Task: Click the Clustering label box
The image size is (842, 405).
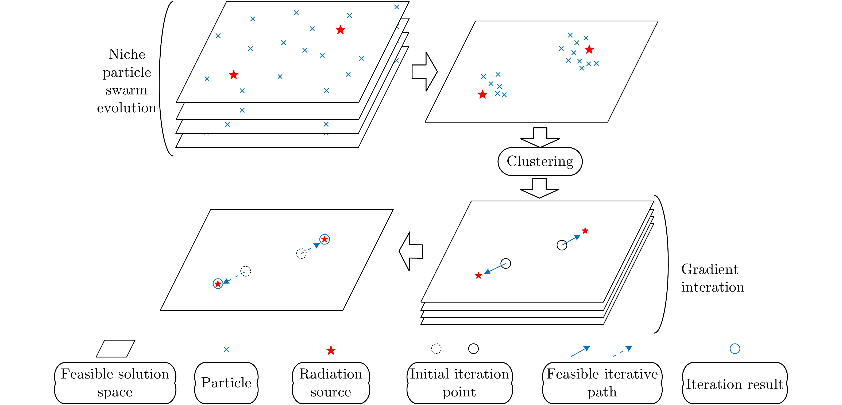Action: click(x=540, y=162)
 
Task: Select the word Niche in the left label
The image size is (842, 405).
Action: click(x=127, y=54)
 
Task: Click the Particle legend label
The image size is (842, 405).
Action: click(x=226, y=383)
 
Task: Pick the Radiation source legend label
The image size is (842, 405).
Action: click(x=331, y=383)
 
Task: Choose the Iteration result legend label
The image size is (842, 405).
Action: click(x=735, y=384)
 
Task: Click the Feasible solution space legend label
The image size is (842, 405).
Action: click(x=115, y=383)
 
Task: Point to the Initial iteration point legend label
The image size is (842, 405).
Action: click(x=459, y=383)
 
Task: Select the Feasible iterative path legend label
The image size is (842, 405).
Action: click(x=602, y=383)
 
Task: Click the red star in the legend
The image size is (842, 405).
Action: click(x=331, y=350)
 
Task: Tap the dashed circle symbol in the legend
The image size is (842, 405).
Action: click(x=436, y=349)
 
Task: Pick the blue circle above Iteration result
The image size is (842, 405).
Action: click(x=735, y=349)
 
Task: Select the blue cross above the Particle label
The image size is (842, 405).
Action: click(x=226, y=349)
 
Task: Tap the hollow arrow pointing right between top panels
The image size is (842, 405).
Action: click(x=424, y=72)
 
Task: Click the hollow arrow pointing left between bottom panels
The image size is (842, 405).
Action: click(x=411, y=251)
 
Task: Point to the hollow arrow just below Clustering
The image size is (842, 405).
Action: click(x=539, y=188)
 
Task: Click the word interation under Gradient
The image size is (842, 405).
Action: click(x=713, y=287)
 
